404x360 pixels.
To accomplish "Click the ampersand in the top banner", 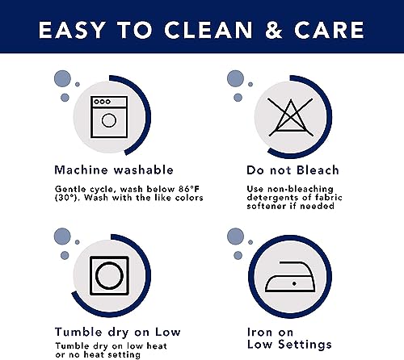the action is [x=274, y=30].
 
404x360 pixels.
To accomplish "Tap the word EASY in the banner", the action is [x=72, y=30].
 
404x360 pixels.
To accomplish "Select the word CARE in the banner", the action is [x=329, y=30].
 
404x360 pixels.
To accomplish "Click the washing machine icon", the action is [x=109, y=117].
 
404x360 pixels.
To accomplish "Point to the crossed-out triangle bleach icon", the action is [x=291, y=117].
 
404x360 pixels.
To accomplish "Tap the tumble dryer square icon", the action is [x=109, y=275].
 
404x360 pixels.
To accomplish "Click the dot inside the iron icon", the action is [x=294, y=283].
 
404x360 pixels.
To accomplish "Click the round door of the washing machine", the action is [x=109, y=120].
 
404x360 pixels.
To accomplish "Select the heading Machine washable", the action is [x=114, y=170].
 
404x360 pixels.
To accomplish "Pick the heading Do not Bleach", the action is [x=292, y=170].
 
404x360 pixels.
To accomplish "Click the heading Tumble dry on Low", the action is [x=117, y=332].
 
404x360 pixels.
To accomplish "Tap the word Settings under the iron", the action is [x=305, y=344].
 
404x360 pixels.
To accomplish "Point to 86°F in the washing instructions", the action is [x=189, y=189].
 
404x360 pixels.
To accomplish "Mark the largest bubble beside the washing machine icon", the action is [x=62, y=78].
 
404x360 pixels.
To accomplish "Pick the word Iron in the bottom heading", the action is [x=259, y=333].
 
